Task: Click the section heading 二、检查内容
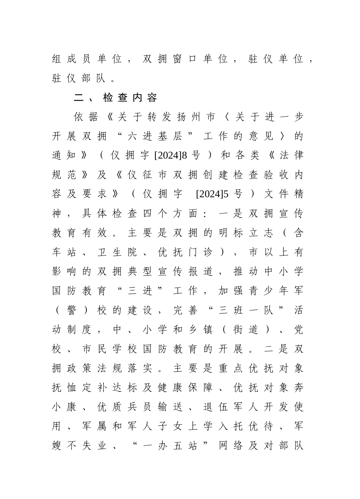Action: click(x=115, y=98)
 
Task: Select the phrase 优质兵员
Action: click(x=124, y=407)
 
